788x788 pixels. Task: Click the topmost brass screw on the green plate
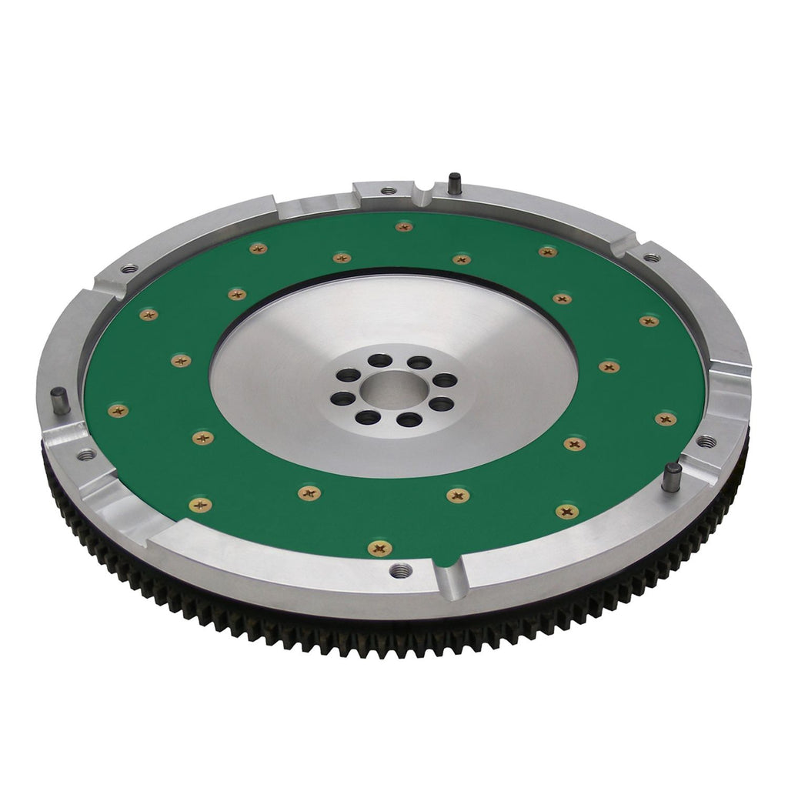[x=404, y=226]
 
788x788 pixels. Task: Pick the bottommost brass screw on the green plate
[x=379, y=548]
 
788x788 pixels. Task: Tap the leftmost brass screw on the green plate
[x=119, y=411]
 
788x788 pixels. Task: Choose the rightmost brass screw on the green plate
[x=666, y=419]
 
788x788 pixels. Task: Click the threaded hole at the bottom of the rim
[x=400, y=571]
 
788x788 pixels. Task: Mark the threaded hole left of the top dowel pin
[x=389, y=190]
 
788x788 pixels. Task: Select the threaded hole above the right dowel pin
[x=705, y=442]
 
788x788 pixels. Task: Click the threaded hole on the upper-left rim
[x=129, y=269]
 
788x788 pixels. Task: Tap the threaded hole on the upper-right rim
[x=651, y=257]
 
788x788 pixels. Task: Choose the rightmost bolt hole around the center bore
[x=445, y=379]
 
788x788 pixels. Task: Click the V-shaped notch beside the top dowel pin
[x=424, y=194]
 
